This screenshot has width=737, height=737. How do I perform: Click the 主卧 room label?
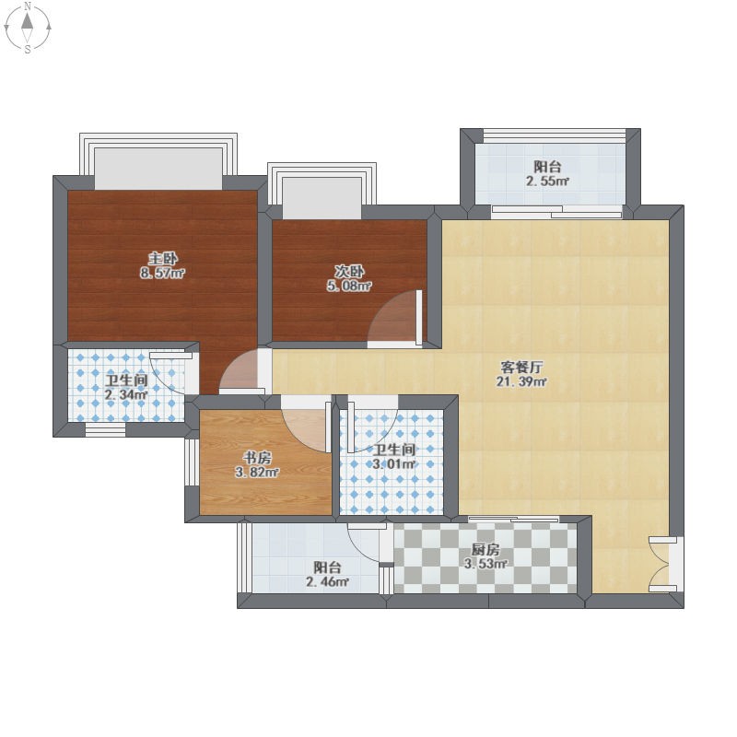click(x=163, y=259)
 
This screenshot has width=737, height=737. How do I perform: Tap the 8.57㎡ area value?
click(x=163, y=273)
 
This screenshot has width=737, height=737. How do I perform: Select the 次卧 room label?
click(x=349, y=271)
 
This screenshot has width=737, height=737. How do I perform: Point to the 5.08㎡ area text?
click(x=349, y=286)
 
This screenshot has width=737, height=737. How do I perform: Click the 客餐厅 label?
click(x=521, y=367)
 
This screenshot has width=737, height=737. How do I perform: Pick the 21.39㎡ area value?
click(x=521, y=381)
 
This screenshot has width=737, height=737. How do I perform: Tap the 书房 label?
click(x=257, y=458)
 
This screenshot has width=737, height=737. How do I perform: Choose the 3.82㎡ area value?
click(x=257, y=473)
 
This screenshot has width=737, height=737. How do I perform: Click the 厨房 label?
click(x=485, y=549)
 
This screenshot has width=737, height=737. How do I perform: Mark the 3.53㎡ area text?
click(x=485, y=563)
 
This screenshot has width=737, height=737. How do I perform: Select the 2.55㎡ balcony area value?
click(x=547, y=181)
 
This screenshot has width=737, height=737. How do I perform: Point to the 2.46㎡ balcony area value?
click(x=327, y=581)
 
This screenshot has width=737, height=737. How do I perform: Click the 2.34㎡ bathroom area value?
click(x=126, y=394)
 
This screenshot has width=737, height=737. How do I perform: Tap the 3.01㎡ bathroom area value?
click(x=394, y=464)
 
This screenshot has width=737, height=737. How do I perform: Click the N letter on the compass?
click(x=28, y=6)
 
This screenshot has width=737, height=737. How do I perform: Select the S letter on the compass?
click(x=28, y=49)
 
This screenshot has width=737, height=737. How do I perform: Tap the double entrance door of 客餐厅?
click(x=662, y=564)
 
